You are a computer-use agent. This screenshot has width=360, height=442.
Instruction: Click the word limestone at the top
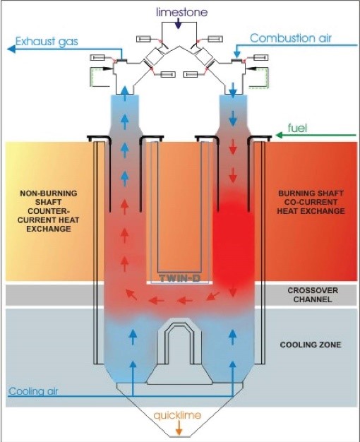click(x=182, y=12)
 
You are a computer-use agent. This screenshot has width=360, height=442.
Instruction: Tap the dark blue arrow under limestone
click(x=178, y=23)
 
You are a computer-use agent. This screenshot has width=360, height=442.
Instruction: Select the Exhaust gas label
click(x=47, y=42)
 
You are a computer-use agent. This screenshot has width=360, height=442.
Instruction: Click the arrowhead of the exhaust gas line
click(x=11, y=49)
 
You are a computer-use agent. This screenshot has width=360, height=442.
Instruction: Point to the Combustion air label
click(x=291, y=38)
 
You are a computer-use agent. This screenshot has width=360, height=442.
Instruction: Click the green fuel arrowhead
click(x=279, y=136)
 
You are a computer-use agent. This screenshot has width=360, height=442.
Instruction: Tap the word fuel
click(x=297, y=129)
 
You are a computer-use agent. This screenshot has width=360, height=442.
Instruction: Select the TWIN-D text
click(x=179, y=278)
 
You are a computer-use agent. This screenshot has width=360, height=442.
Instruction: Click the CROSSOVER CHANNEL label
click(x=313, y=295)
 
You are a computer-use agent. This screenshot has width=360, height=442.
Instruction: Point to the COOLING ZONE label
click(x=311, y=345)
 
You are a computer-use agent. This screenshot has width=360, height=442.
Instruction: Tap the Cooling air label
click(x=33, y=391)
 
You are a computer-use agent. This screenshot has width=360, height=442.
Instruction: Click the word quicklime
click(x=177, y=415)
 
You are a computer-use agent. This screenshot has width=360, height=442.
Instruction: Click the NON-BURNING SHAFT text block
click(x=48, y=211)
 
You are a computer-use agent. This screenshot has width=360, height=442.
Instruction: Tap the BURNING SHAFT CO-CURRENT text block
click(x=311, y=202)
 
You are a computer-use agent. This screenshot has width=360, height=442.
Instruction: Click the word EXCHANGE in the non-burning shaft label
click(x=49, y=228)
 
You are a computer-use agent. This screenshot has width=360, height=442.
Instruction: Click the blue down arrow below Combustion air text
click(x=237, y=52)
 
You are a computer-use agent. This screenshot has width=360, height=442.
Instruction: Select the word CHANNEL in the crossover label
click(x=313, y=299)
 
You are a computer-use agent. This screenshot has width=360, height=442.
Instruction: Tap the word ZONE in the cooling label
click(x=330, y=345)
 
